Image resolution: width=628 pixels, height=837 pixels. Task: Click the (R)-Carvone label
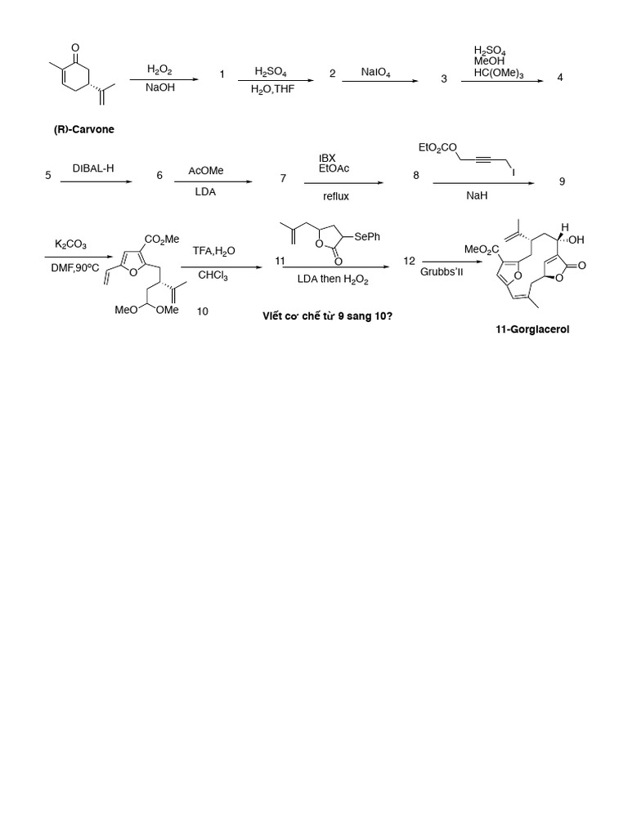pos(84,129)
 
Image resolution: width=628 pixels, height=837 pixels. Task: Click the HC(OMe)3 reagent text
pos(498,74)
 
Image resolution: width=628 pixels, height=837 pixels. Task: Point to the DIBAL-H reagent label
pos(92,168)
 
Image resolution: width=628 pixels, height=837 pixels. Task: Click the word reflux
pos(335,196)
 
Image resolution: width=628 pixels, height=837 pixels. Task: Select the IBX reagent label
pos(327,158)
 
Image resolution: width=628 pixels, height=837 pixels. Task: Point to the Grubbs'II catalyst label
pos(442,271)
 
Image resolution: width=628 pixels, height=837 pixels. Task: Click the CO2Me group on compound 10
pos(161,239)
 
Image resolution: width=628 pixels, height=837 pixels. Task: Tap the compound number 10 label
pos(202,311)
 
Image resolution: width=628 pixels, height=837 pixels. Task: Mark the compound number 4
pos(559,77)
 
